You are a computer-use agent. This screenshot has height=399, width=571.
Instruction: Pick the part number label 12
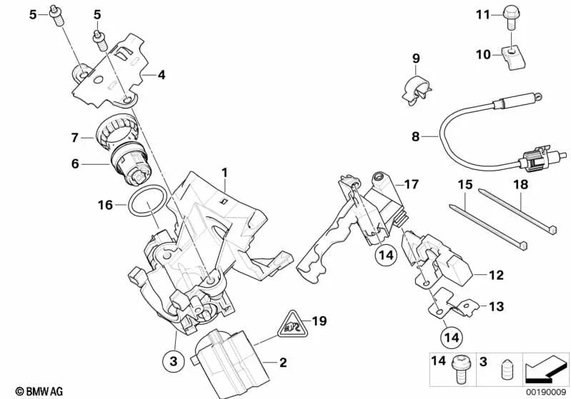point(497,273)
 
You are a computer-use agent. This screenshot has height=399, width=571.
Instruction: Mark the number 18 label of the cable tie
point(520,185)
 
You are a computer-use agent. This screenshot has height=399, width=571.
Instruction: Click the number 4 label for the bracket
point(162,73)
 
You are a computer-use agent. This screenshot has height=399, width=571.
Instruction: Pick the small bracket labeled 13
point(449,304)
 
